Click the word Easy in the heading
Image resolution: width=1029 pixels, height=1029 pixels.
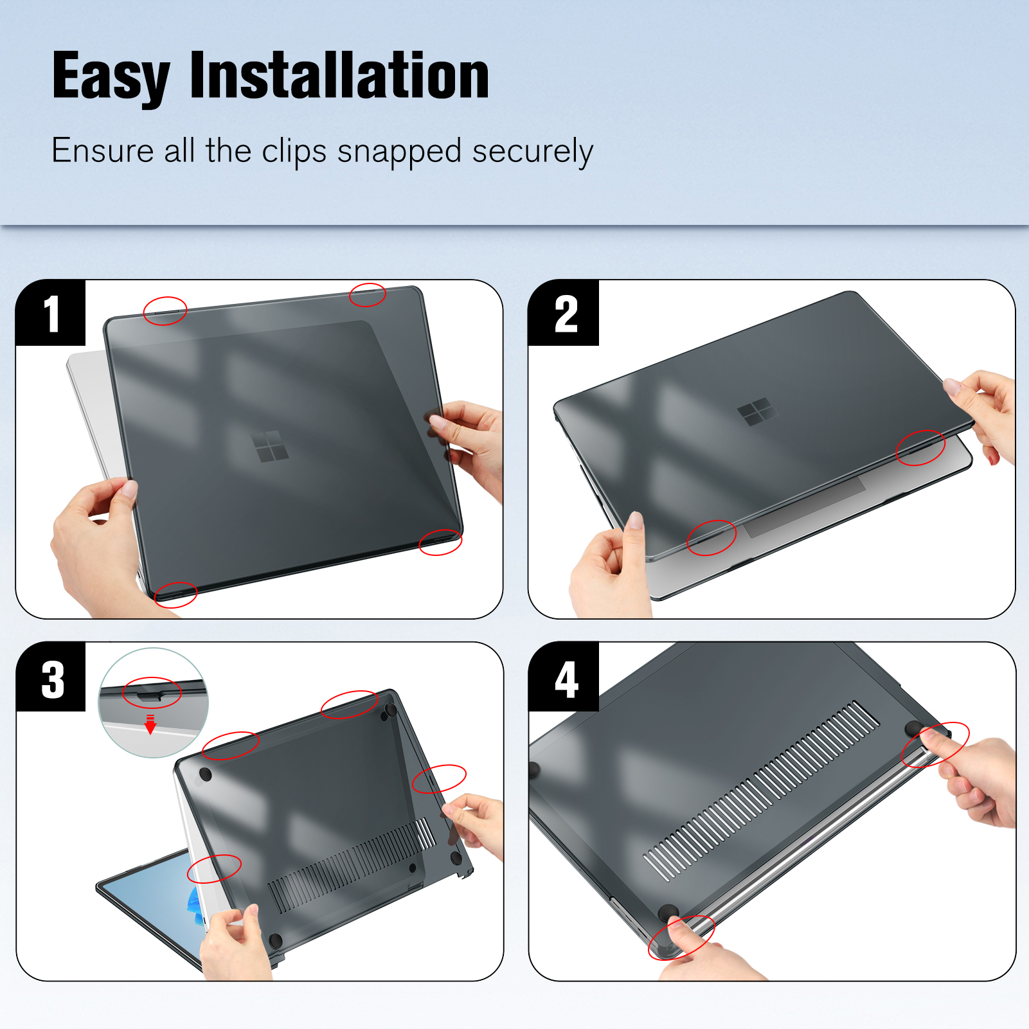click(x=111, y=76)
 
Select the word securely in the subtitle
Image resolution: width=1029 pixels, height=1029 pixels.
click(x=532, y=152)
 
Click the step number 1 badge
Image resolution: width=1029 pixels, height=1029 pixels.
click(x=51, y=313)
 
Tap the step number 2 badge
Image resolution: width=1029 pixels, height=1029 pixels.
click(x=564, y=313)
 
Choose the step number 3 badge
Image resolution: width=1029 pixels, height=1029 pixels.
click(x=51, y=677)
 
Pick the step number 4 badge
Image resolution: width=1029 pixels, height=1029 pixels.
click(x=564, y=677)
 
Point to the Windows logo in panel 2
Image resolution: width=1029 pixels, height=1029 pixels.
click(x=756, y=411)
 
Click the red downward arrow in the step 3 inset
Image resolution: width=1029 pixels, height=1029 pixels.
click(x=150, y=724)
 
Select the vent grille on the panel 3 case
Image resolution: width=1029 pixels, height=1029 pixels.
click(x=351, y=865)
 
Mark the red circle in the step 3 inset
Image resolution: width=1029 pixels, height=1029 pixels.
click(x=152, y=693)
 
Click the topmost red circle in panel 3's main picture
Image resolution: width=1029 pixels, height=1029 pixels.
click(x=350, y=704)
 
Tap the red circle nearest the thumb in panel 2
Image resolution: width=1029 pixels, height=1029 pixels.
click(x=711, y=537)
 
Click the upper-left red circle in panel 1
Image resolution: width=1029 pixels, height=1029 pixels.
click(x=165, y=311)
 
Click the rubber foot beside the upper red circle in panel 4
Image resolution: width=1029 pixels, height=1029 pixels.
click(x=913, y=729)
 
